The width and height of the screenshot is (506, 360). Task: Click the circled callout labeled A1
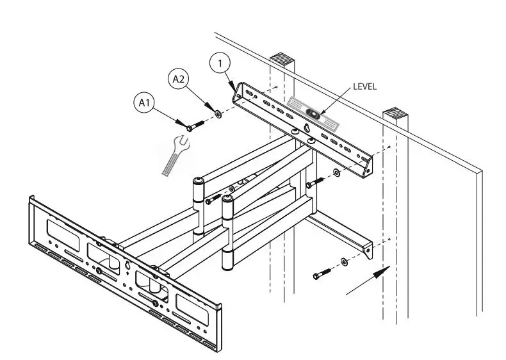144,102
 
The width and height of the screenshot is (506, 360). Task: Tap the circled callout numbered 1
220,63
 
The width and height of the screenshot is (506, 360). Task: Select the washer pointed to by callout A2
218,114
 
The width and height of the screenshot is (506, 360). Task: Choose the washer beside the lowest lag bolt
345,261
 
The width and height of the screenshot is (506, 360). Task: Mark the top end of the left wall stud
285,59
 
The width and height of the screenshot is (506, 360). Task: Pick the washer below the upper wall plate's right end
336,172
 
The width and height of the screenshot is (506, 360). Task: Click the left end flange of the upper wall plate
238,94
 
